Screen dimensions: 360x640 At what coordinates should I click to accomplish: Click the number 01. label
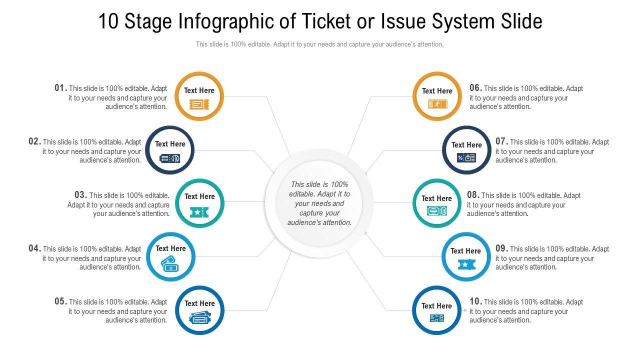(x=60, y=88)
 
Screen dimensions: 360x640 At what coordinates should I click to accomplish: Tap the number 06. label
(x=475, y=88)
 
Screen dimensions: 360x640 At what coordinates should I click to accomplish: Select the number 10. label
(x=475, y=301)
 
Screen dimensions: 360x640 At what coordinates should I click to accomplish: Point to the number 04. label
(x=34, y=248)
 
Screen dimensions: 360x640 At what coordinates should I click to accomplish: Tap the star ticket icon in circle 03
(x=199, y=212)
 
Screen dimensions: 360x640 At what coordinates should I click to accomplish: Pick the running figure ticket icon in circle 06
(x=437, y=104)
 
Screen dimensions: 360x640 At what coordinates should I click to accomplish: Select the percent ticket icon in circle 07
(x=466, y=158)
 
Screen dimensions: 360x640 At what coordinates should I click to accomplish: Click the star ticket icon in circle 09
(x=465, y=264)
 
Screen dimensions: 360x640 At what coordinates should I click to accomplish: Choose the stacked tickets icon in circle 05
(x=199, y=317)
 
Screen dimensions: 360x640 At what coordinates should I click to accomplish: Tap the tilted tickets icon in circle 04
(x=169, y=263)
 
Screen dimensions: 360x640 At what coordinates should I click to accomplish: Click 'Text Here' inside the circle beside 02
(x=170, y=144)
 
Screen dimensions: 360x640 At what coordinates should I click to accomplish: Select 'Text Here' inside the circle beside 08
(x=436, y=198)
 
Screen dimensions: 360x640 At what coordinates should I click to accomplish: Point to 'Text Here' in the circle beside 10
(x=436, y=306)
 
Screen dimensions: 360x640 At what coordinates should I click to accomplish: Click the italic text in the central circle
(x=319, y=203)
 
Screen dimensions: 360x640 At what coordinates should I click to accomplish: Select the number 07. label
(x=501, y=141)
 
